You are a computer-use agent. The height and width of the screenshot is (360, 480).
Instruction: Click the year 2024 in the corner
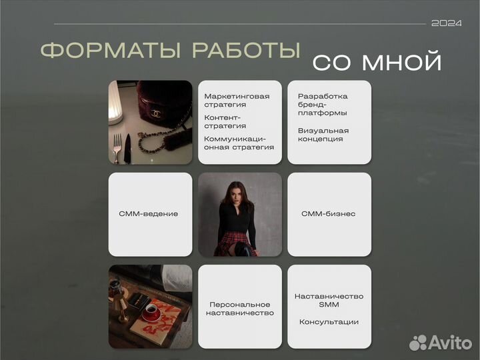pos(446,23)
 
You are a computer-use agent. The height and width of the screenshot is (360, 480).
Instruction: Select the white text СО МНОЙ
pos(377,62)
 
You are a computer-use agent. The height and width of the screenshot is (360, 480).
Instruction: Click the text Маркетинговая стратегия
pos(237,101)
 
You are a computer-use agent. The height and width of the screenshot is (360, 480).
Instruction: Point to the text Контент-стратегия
pos(227,121)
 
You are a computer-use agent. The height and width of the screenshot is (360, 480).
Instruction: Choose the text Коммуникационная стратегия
pos(239,143)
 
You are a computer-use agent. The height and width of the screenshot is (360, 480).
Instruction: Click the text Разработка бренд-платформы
pos(323,105)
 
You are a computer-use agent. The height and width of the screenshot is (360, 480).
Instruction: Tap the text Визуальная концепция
pos(323,135)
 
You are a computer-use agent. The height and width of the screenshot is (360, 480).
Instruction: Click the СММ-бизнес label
pos(329,214)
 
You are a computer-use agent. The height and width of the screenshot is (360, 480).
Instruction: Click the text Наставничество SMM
pos(329,300)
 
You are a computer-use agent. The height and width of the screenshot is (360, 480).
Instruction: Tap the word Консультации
pos(329,322)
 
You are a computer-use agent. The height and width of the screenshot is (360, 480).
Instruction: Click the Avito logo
pos(441,341)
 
